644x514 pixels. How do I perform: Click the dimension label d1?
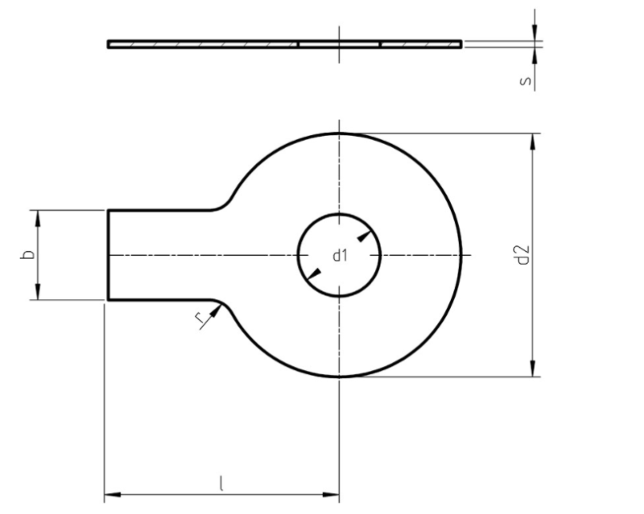[340, 256]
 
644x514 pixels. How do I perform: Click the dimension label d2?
[524, 255]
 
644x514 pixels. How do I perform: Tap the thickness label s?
[524, 81]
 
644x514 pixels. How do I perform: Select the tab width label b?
[28, 255]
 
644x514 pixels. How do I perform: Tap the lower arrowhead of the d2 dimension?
[533, 369]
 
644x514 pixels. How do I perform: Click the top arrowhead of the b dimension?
[37, 216]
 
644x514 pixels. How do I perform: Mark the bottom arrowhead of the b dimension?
[37, 294]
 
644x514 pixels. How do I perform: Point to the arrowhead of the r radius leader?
[214, 312]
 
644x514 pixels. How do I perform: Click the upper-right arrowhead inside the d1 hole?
[365, 236]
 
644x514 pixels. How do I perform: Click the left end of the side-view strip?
[109, 44]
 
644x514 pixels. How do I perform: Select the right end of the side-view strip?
[461, 44]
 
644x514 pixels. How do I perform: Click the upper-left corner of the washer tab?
[109, 211]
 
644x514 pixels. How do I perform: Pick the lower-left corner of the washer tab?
[109, 300]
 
